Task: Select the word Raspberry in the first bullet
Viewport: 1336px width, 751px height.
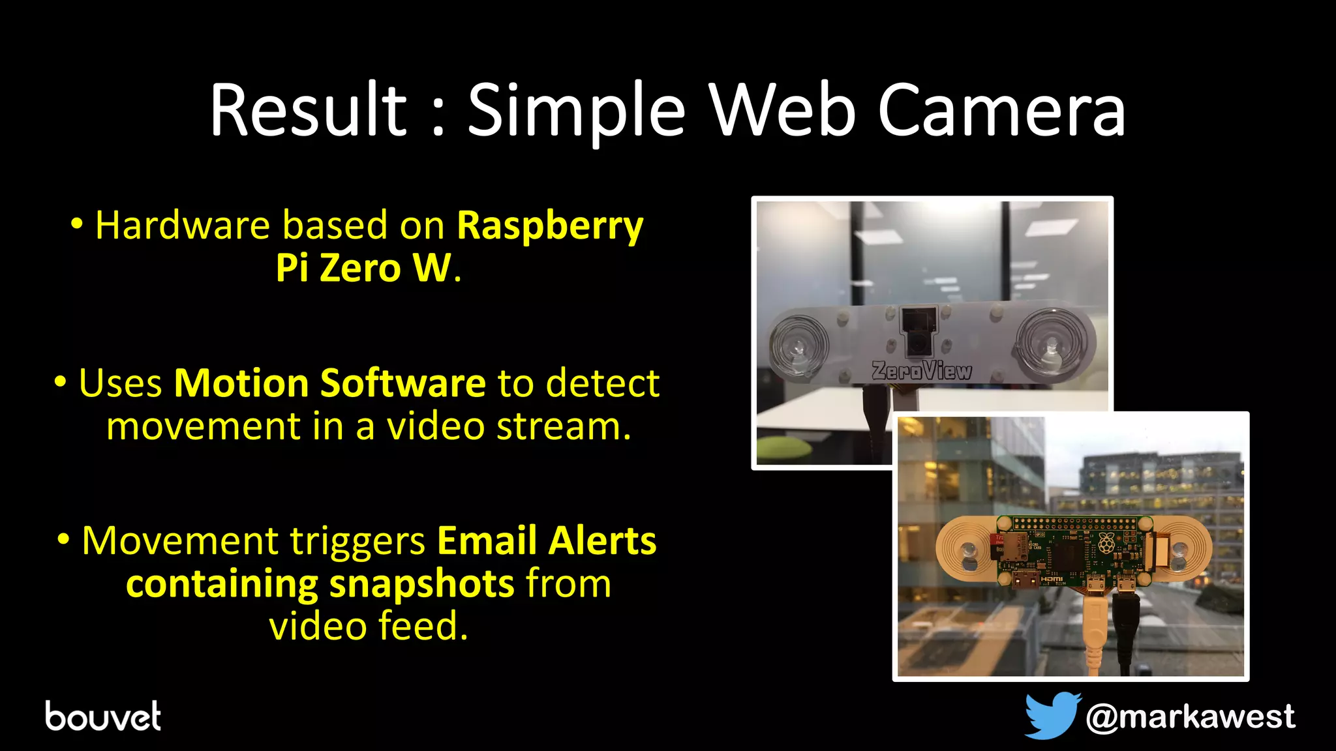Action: tap(550, 226)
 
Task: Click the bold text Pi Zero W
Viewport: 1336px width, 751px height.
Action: tap(363, 268)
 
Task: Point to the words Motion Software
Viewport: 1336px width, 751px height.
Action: tap(329, 383)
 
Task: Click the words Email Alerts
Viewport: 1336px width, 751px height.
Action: tap(547, 540)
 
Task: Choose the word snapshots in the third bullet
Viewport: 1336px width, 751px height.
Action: tap(421, 583)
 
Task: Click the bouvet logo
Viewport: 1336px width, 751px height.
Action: tap(103, 716)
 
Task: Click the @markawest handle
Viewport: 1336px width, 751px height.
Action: tap(1190, 717)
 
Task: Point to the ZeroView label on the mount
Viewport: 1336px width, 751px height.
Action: tap(922, 370)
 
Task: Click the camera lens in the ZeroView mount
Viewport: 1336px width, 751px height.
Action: tap(918, 341)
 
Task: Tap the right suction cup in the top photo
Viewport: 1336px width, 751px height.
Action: tap(1052, 341)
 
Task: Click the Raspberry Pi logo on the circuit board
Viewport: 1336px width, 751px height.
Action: tap(1106, 542)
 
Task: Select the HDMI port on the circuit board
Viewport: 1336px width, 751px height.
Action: tap(1025, 578)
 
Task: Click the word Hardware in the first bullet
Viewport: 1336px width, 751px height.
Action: tap(183, 226)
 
